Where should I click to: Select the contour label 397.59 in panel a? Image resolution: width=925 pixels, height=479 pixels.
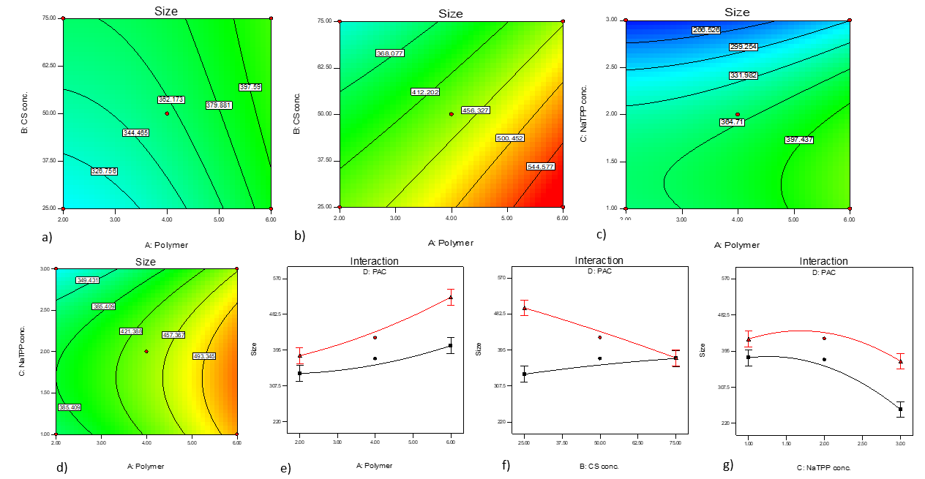250,87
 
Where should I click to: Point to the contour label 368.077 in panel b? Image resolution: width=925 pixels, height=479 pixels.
389,53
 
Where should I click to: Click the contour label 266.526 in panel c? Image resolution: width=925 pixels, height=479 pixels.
705,30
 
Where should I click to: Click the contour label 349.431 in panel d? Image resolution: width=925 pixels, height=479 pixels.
87,280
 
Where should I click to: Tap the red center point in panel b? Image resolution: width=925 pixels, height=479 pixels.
451,113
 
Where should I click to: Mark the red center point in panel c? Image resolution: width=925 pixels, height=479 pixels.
738,114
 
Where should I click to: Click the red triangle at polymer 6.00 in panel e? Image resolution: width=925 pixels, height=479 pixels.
451,298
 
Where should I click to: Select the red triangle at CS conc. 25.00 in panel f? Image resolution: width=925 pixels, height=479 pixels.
524,308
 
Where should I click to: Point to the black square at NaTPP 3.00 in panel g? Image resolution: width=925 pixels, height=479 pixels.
900,410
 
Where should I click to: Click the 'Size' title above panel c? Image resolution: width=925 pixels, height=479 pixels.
737,12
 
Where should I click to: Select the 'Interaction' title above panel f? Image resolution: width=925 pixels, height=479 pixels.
599,260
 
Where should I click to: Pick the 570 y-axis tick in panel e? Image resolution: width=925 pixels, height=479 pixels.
277,279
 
